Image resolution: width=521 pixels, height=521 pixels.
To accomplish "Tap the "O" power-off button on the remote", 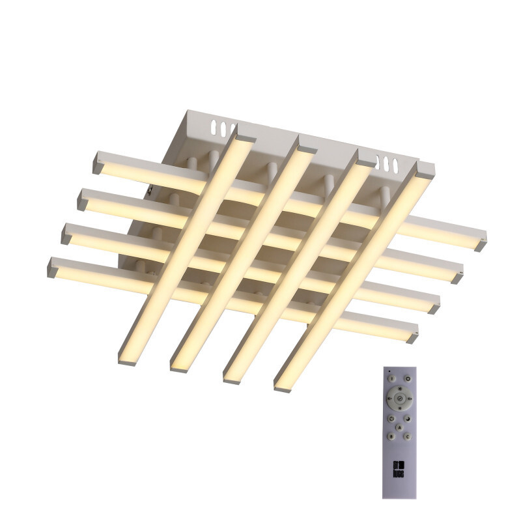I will click(x=408, y=379).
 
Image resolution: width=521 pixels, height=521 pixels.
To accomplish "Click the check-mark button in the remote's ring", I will click(x=400, y=399).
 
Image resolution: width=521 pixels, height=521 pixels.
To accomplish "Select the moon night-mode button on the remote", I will click(x=408, y=419).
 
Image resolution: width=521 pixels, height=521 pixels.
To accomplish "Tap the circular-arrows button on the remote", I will click(x=391, y=419).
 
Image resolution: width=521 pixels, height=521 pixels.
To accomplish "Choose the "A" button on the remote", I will click(x=399, y=427).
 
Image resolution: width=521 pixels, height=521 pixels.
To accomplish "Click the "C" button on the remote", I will click(x=408, y=437).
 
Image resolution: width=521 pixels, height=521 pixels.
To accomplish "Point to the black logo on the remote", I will click(x=399, y=469).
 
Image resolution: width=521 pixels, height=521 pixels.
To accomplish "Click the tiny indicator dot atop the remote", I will click(x=389, y=371).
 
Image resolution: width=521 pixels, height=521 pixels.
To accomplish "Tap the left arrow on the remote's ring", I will click(x=389, y=399).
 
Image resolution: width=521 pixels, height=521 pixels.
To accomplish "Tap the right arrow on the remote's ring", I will click(x=410, y=399).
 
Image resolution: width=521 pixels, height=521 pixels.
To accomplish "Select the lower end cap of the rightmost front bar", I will click(x=283, y=387).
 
